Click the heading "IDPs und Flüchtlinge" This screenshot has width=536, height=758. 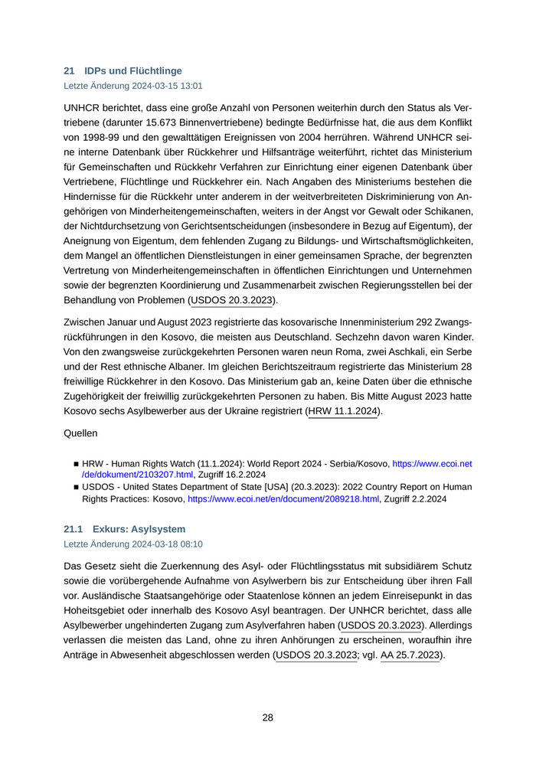pos(133,71)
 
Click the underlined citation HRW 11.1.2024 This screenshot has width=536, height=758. pos(343,412)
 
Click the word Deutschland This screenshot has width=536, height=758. pos(317,338)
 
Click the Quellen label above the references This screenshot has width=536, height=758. pos(81,433)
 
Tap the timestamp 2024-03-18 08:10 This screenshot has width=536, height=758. pos(160,544)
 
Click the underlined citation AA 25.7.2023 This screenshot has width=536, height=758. pos(410,655)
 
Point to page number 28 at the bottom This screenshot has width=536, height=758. pos(268,717)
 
